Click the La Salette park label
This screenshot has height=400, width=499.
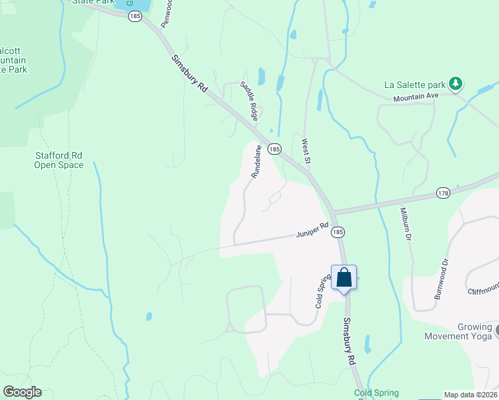point(414,85)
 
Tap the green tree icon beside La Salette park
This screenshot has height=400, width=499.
point(456,83)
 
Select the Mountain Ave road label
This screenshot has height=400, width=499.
point(415,97)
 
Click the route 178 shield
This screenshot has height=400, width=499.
point(443,193)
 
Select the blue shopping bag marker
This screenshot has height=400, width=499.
point(344,277)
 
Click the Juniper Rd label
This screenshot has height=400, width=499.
point(312,230)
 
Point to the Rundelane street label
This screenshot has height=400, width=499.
point(256,162)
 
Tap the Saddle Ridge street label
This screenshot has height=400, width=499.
point(249,100)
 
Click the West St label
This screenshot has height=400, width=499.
point(306,151)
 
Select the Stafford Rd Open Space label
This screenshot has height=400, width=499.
point(59,160)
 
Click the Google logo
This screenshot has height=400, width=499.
point(22,392)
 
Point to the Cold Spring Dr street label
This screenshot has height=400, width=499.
point(323,291)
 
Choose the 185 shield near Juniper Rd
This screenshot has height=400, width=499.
point(338,232)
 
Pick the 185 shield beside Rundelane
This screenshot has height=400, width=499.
point(274,149)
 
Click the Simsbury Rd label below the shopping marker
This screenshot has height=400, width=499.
point(350,341)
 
